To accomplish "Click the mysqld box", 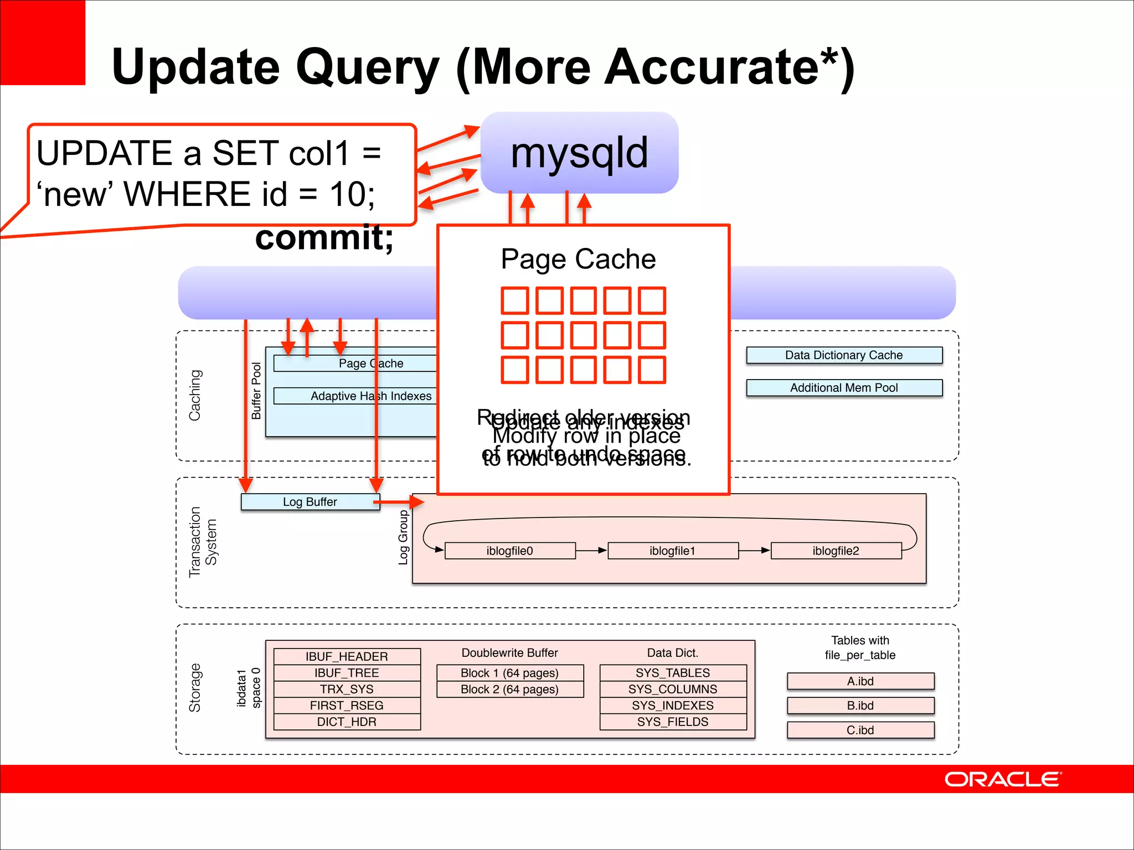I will click(x=579, y=153).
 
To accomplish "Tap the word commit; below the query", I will click(x=324, y=238).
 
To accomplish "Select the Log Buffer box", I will click(x=310, y=502).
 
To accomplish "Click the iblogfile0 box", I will click(x=509, y=551).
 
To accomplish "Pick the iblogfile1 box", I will click(x=672, y=551).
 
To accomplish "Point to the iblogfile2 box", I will click(x=836, y=551).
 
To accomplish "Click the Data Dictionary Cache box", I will click(x=844, y=355).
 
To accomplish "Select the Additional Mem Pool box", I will click(x=844, y=388).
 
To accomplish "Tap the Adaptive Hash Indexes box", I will click(x=354, y=396).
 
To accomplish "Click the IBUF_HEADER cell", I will click(x=347, y=656).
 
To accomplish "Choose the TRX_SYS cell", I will click(x=347, y=689).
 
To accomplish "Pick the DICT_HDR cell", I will click(x=347, y=722).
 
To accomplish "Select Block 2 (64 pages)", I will click(x=509, y=690).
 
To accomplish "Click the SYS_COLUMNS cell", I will click(x=673, y=689).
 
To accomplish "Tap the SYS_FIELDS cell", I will click(x=673, y=722).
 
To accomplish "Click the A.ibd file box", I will click(x=860, y=681).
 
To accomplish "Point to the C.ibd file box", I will click(x=860, y=730).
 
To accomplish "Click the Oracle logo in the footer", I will click(x=1002, y=779).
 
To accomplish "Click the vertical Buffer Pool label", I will click(x=256, y=391).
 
